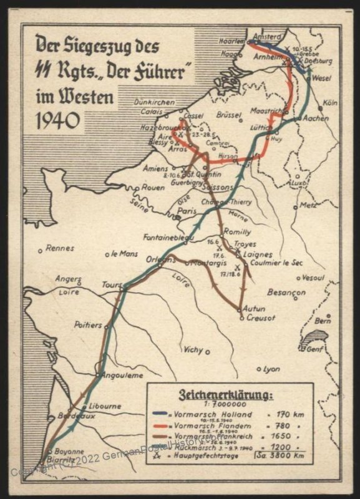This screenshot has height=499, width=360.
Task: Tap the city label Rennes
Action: click(x=61, y=248)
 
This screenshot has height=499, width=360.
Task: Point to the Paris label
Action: click(x=187, y=211)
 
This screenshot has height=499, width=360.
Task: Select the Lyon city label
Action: click(x=271, y=369)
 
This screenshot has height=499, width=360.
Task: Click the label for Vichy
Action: click(x=193, y=349)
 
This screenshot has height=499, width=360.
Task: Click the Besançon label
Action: click(x=286, y=291)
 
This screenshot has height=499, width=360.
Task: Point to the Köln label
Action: click(x=331, y=102)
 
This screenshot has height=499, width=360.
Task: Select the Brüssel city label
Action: click(x=228, y=115)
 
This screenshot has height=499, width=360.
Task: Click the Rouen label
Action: click(x=153, y=187)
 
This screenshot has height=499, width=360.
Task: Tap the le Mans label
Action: click(x=124, y=254)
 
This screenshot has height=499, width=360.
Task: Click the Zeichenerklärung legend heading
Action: click(x=226, y=395)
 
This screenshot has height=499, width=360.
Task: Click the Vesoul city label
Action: click(x=313, y=276)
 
